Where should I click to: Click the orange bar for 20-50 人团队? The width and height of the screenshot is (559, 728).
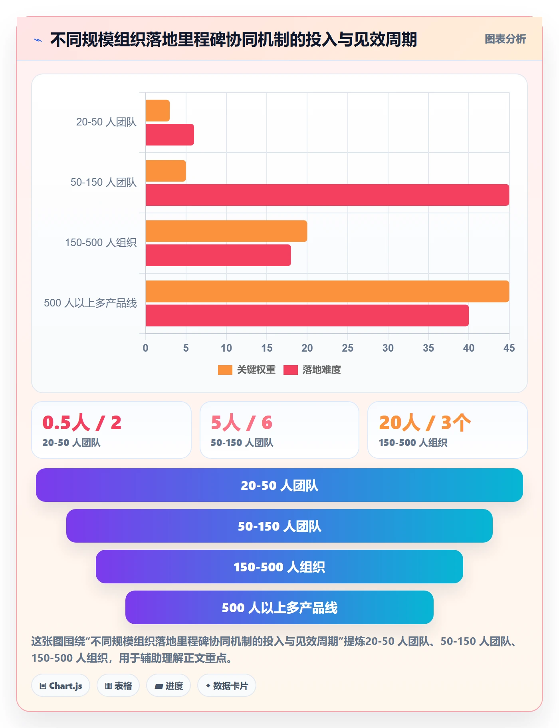tap(158, 111)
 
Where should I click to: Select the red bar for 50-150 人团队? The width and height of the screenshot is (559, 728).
tap(327, 195)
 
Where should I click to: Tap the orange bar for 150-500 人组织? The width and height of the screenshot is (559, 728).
tap(226, 231)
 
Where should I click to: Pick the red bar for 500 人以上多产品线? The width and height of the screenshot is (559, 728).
tap(307, 316)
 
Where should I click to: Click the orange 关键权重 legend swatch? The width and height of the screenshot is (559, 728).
tap(225, 370)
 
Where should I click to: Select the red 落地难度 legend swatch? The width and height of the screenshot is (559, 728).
tap(291, 370)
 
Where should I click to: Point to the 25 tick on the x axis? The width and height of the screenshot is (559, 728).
tap(347, 348)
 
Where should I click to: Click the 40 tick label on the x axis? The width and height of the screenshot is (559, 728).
tap(469, 348)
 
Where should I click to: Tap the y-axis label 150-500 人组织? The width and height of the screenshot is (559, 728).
tap(101, 243)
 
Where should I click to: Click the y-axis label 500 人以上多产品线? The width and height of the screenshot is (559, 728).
tap(90, 303)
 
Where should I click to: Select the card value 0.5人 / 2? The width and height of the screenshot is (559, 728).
tap(82, 422)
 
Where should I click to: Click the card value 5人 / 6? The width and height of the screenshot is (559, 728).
tap(242, 422)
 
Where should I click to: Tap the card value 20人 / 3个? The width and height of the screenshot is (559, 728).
tap(425, 422)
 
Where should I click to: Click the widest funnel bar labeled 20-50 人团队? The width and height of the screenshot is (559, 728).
tap(279, 485)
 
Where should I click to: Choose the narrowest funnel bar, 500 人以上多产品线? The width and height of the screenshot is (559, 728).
tap(279, 607)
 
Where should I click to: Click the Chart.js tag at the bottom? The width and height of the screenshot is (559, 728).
tap(61, 686)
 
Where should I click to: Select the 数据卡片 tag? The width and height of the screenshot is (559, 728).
tap(227, 686)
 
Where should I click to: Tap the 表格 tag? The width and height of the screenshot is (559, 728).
tap(118, 686)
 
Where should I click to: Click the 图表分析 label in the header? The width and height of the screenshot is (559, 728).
tap(505, 39)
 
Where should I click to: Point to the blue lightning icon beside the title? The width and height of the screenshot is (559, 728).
tap(38, 40)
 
